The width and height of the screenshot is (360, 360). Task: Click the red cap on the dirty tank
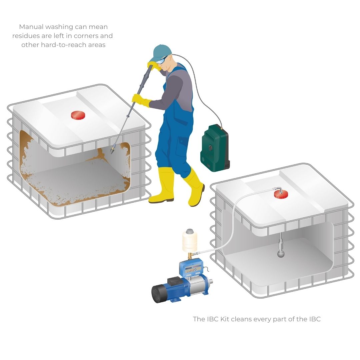[78, 115]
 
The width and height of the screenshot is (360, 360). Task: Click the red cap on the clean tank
[281, 195]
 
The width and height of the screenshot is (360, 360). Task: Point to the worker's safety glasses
[162, 60]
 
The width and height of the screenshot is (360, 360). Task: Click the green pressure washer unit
[215, 148]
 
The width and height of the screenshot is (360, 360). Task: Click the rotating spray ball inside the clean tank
[281, 254]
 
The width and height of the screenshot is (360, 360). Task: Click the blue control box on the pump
[191, 268]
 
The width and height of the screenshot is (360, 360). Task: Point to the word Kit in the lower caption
[225, 319]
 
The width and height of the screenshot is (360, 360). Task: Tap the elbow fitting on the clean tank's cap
[278, 190]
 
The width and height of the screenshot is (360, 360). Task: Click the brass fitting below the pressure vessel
[190, 255]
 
